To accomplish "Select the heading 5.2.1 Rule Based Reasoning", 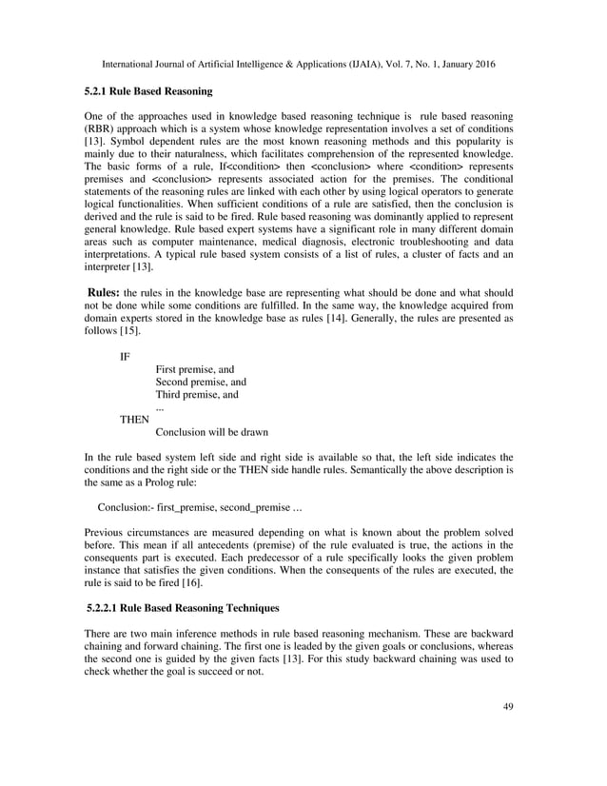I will [x=143, y=92].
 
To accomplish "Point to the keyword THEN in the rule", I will [x=134, y=418].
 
